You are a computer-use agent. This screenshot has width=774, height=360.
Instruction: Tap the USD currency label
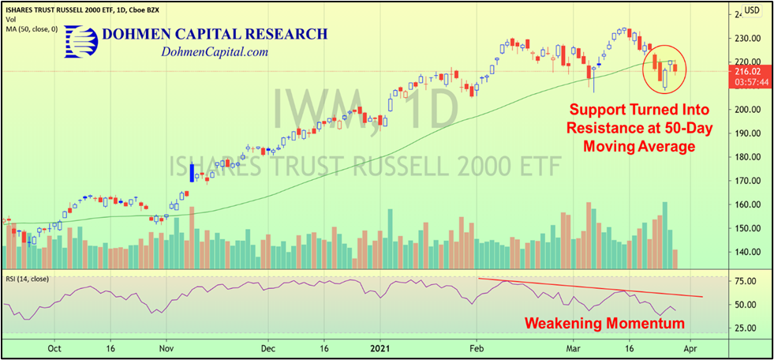pyautogui.click(x=752, y=10)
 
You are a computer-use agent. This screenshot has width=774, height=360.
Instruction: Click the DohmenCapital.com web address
pyautogui.click(x=215, y=52)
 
